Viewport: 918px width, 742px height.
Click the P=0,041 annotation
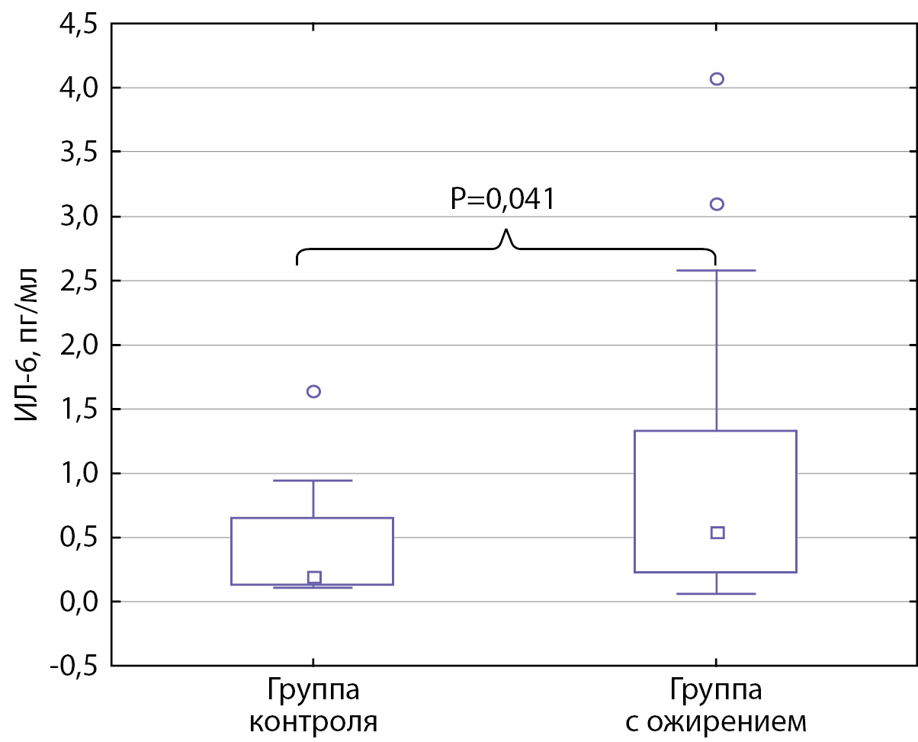click(502, 199)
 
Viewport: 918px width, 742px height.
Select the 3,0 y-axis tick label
click(76, 217)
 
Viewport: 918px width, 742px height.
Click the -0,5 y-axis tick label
click(72, 666)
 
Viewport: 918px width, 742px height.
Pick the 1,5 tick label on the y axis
click(76, 410)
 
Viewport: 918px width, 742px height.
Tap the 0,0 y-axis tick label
click(76, 602)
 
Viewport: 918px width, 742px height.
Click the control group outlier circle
click(313, 391)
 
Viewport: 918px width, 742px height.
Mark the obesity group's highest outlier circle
click(717, 79)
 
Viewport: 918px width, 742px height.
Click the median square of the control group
click(314, 577)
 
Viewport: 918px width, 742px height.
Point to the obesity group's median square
click(717, 532)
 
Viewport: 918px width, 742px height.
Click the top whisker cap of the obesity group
click(717, 270)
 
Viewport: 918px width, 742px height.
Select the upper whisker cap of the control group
click(313, 480)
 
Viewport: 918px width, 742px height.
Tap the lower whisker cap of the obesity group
click(717, 593)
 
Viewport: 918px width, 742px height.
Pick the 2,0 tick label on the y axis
click(76, 345)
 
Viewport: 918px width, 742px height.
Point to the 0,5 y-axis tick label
click(76, 538)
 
